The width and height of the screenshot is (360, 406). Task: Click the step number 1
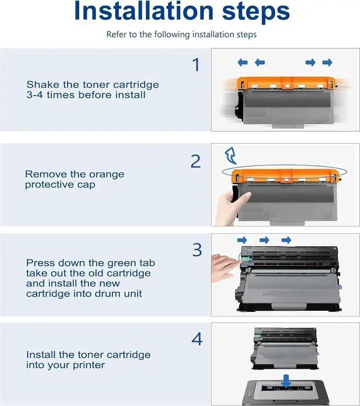pyautogui.click(x=196, y=65)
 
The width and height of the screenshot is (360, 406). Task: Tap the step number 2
pyautogui.click(x=196, y=161)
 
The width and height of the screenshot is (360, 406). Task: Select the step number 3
pyautogui.click(x=197, y=250)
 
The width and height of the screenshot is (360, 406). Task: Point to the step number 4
pyautogui.click(x=197, y=339)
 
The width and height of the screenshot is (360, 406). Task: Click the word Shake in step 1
pyautogui.click(x=42, y=84)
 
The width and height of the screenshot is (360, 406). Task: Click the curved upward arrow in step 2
pyautogui.click(x=231, y=155)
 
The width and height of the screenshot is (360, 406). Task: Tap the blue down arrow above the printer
pyautogui.click(x=286, y=381)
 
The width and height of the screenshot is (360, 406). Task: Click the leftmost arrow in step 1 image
pyautogui.click(x=242, y=63)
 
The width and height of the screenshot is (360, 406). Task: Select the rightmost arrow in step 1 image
pyautogui.click(x=327, y=63)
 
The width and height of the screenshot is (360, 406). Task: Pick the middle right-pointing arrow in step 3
pyautogui.click(x=264, y=240)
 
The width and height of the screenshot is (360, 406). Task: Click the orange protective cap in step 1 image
pyautogui.click(x=286, y=83)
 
